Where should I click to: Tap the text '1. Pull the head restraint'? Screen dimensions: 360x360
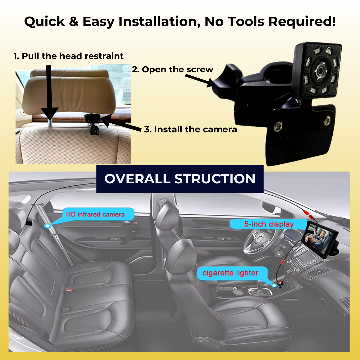point(68,56)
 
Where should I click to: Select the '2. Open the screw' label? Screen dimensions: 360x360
point(173,69)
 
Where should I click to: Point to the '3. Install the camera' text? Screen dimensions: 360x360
point(190,129)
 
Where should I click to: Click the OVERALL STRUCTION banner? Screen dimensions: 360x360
point(180,179)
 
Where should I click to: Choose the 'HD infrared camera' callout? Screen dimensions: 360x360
point(95,214)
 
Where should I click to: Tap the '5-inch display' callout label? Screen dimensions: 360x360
point(269,224)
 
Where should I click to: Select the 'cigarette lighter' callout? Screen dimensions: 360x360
point(231,273)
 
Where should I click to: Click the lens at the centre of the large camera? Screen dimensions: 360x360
point(321,70)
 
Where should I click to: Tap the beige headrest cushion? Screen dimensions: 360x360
point(69,92)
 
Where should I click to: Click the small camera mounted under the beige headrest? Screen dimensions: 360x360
point(93,124)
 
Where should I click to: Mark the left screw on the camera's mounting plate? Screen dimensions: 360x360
point(278,126)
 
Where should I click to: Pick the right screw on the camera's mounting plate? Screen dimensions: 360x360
point(327,120)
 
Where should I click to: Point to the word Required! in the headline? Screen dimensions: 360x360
point(302,22)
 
